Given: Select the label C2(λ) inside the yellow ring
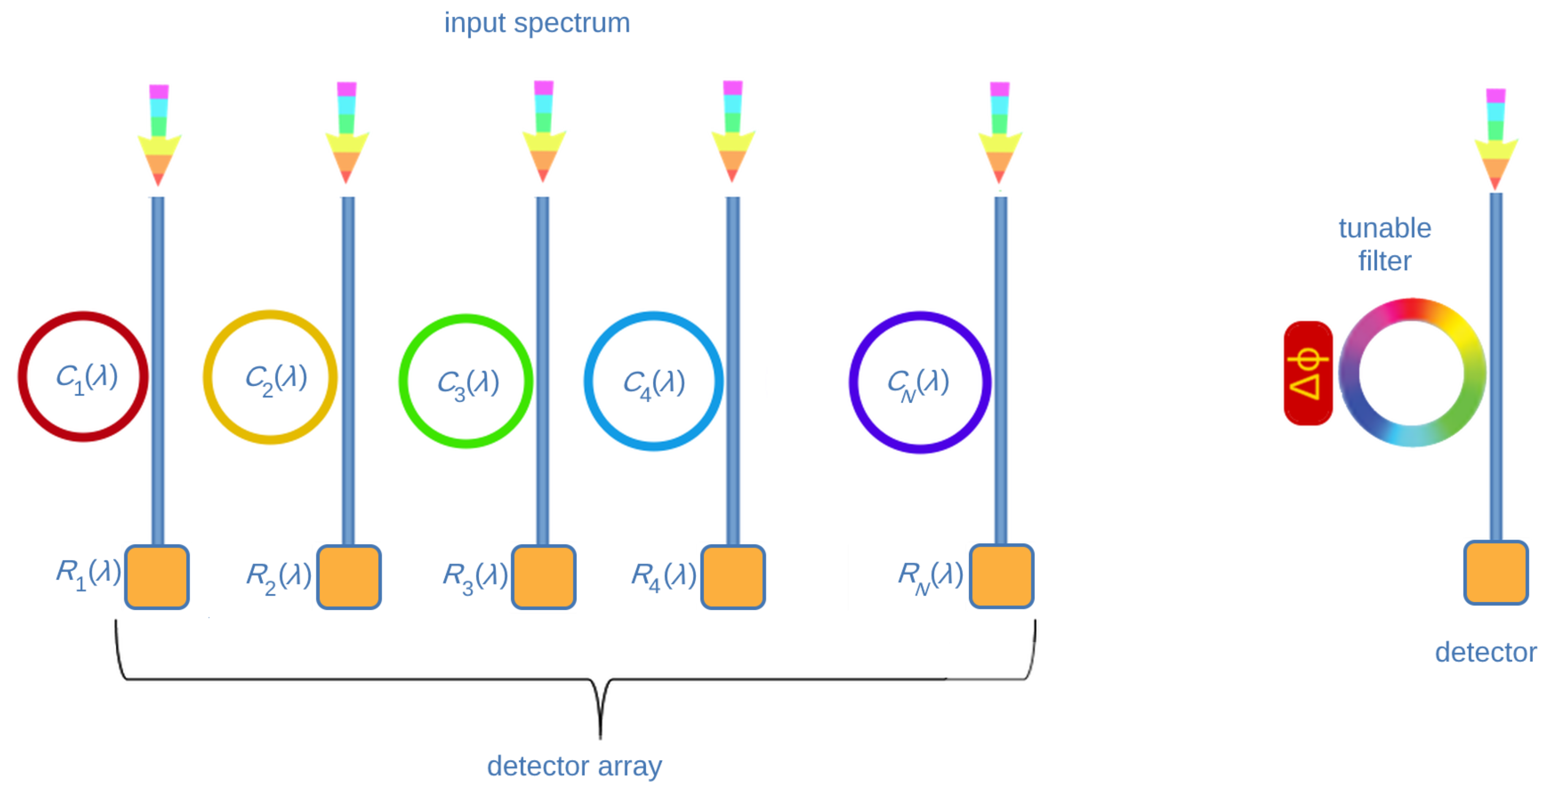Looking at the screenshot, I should [x=276, y=379].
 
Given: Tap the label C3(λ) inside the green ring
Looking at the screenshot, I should [x=468, y=384].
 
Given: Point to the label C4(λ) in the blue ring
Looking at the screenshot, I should [x=654, y=384].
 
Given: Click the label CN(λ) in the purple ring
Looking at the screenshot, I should [x=918, y=384].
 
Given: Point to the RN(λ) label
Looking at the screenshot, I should [x=930, y=576].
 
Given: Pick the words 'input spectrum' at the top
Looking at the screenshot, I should [x=537, y=23].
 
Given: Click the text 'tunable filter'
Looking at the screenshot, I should [x=1384, y=244].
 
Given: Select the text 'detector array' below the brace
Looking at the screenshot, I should [x=574, y=766].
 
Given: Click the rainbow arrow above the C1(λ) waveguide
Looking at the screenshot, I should [x=159, y=135].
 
